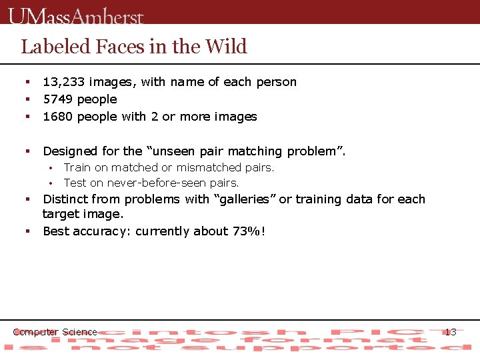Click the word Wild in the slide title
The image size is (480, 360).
point(226,47)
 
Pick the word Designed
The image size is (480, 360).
point(70,151)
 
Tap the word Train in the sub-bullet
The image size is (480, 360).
point(77,167)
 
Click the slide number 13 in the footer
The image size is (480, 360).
point(450,332)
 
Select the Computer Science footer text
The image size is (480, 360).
point(55,332)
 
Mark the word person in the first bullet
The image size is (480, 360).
point(275,82)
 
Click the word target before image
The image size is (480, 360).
point(59,214)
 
